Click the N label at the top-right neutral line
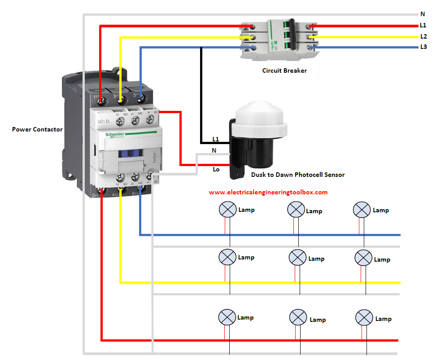423,14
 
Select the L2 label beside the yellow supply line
423,36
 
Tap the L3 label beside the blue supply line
423,47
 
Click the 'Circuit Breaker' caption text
284,70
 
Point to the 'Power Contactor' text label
37,129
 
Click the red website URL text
268,192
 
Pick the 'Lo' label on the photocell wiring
216,169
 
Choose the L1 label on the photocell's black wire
216,140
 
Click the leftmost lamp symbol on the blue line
227,210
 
